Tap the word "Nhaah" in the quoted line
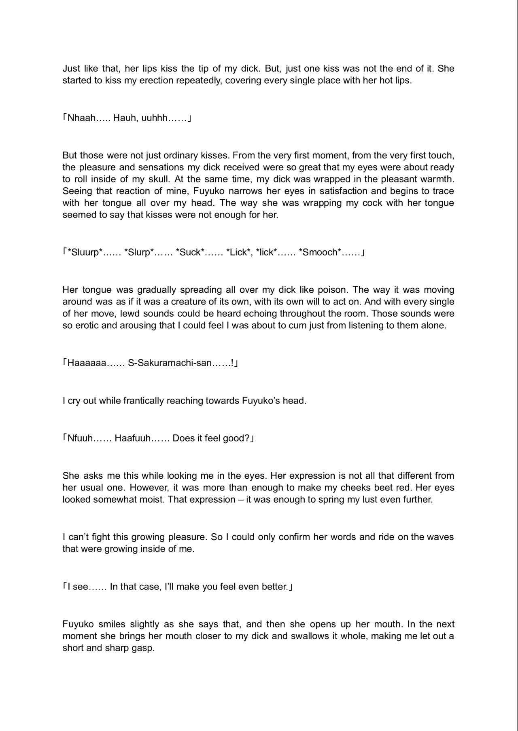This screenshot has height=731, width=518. [81, 118]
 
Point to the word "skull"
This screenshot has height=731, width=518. [156, 179]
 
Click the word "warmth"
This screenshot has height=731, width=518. [437, 179]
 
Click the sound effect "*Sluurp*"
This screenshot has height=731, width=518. [85, 253]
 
